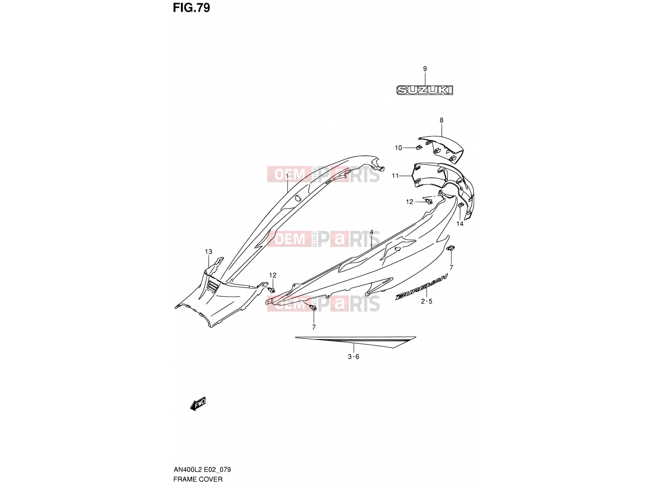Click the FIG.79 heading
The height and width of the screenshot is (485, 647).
(x=191, y=8)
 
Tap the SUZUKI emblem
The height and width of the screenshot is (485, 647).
(x=425, y=90)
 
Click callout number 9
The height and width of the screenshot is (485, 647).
(x=425, y=69)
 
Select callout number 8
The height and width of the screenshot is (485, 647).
(x=441, y=120)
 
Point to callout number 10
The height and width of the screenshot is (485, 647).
(x=398, y=148)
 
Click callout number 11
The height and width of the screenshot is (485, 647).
(x=395, y=176)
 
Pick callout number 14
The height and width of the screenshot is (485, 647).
(x=460, y=224)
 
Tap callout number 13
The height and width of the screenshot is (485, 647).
(x=208, y=252)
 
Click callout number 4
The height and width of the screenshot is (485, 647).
(x=371, y=232)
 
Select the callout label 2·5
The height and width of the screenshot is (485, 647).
(x=426, y=301)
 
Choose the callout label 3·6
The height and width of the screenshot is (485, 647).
(x=353, y=356)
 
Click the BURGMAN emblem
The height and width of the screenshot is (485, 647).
(x=421, y=287)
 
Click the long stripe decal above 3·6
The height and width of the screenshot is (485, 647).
(x=355, y=342)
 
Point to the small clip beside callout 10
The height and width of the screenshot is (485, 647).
(x=419, y=147)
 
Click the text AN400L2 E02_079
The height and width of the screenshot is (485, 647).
(x=202, y=470)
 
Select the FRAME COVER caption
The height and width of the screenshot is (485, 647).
(x=198, y=479)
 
